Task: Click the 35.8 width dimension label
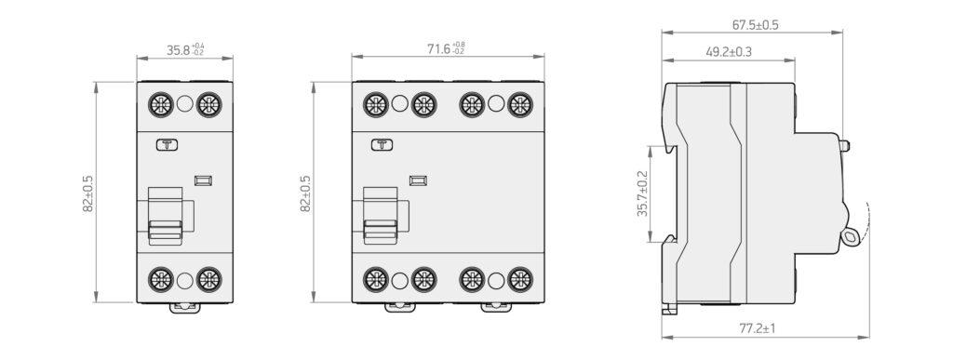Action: (x=185, y=50)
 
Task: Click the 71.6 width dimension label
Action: (x=446, y=48)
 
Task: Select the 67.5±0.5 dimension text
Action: (x=755, y=25)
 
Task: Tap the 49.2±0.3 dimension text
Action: (x=729, y=52)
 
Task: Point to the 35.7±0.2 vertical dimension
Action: (x=642, y=193)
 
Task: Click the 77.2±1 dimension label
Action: (x=758, y=329)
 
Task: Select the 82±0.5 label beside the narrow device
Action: (x=88, y=193)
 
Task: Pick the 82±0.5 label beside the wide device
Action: (x=305, y=193)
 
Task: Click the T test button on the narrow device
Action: (x=168, y=144)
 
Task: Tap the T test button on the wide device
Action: (x=382, y=144)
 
